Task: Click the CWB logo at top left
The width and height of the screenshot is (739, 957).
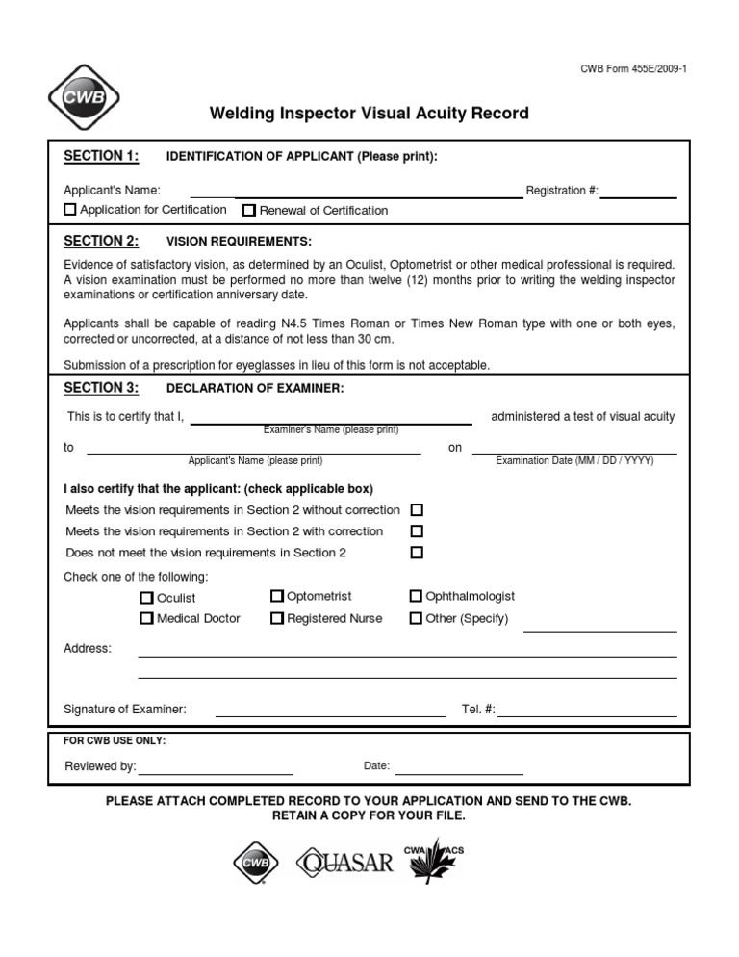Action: pos(84,96)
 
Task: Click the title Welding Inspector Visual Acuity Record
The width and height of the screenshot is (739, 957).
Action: pos(369,114)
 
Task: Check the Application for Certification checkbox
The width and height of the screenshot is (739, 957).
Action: pos(70,210)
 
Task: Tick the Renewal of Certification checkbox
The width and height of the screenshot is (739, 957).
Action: pos(249,210)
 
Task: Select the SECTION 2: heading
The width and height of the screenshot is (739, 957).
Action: pos(101,241)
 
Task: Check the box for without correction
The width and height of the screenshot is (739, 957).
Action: pos(417,510)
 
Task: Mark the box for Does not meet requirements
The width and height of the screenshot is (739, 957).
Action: pos(417,553)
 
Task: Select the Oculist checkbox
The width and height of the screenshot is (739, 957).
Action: pos(147,598)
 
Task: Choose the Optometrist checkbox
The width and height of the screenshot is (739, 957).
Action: pos(277,597)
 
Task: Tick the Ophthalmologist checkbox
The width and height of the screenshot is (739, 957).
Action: pos(417,597)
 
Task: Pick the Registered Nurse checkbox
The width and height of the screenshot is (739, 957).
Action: pos(277,618)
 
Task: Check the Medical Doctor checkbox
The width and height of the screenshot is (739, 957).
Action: pos(147,618)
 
